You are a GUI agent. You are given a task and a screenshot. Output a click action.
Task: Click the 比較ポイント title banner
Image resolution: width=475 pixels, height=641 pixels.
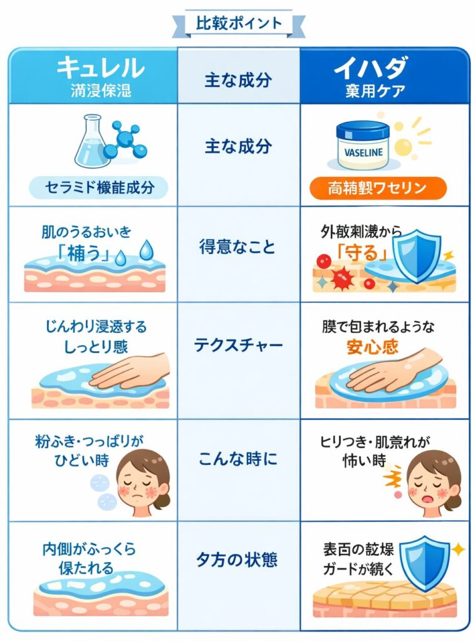click(238, 24)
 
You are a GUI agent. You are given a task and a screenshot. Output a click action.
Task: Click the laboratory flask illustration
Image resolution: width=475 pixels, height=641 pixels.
click(91, 140)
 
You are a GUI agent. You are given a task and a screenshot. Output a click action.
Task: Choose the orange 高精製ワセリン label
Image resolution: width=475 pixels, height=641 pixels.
click(378, 187)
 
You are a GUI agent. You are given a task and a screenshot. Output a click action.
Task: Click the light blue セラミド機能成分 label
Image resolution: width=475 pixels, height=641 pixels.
click(99, 187)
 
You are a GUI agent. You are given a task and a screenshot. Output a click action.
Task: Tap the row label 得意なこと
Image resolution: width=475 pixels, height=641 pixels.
click(238, 246)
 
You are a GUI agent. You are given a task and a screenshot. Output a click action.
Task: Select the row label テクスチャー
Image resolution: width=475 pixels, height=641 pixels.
click(238, 346)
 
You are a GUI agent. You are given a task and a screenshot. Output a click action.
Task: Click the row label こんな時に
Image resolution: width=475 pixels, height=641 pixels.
click(238, 459)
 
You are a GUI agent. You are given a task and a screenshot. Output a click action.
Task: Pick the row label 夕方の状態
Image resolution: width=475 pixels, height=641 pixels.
click(238, 559)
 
